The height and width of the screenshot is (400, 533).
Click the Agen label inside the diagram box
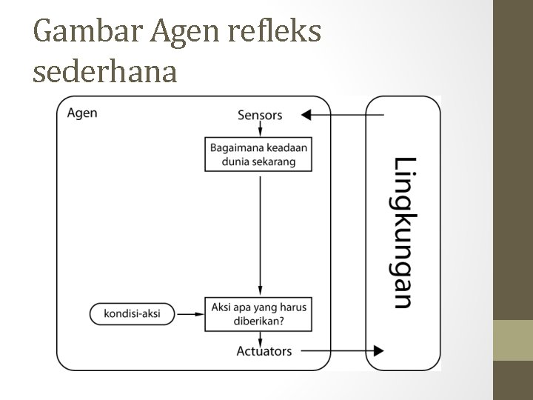[x=82, y=113]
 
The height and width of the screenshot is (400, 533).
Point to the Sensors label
[x=260, y=115]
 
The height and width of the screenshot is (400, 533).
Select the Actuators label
[x=264, y=350]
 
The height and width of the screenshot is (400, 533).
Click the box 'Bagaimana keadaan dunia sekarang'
[x=258, y=154]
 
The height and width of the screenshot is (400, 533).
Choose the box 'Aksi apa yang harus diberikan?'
[x=258, y=313]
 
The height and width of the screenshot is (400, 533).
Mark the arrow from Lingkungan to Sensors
[x=344, y=115]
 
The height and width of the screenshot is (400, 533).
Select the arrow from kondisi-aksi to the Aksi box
[x=192, y=314]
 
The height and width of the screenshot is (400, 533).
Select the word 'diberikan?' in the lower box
[x=258, y=321]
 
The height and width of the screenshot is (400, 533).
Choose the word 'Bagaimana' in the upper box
[x=235, y=147]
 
